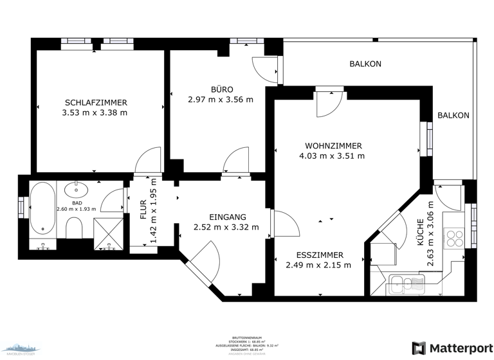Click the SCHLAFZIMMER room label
tap(96, 102)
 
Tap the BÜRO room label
tap(221, 89)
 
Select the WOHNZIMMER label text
tap(333, 145)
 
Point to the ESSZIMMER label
tap(319, 255)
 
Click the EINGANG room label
tap(227, 217)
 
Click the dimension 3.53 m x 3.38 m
tap(95, 113)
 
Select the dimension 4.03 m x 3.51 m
tap(332, 156)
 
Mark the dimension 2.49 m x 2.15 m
tap(318, 265)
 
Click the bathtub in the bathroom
tap(42, 209)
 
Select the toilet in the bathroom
tap(75, 227)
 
